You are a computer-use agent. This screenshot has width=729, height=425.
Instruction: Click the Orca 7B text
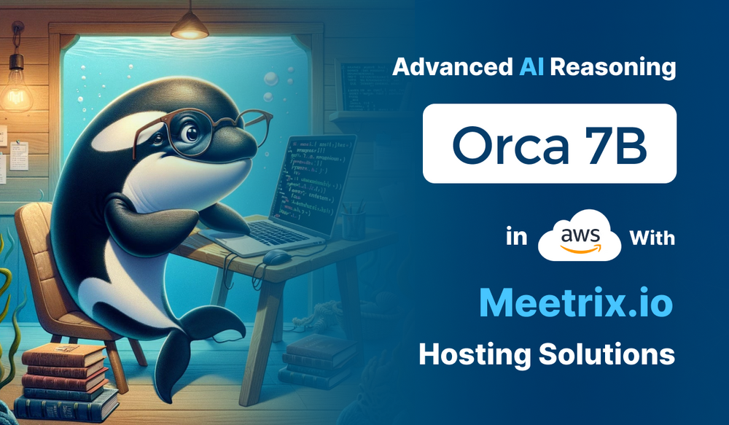point(548,144)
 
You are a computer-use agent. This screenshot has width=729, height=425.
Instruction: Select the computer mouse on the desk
point(278,257)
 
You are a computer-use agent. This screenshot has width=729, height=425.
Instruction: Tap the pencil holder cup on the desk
point(353,219)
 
